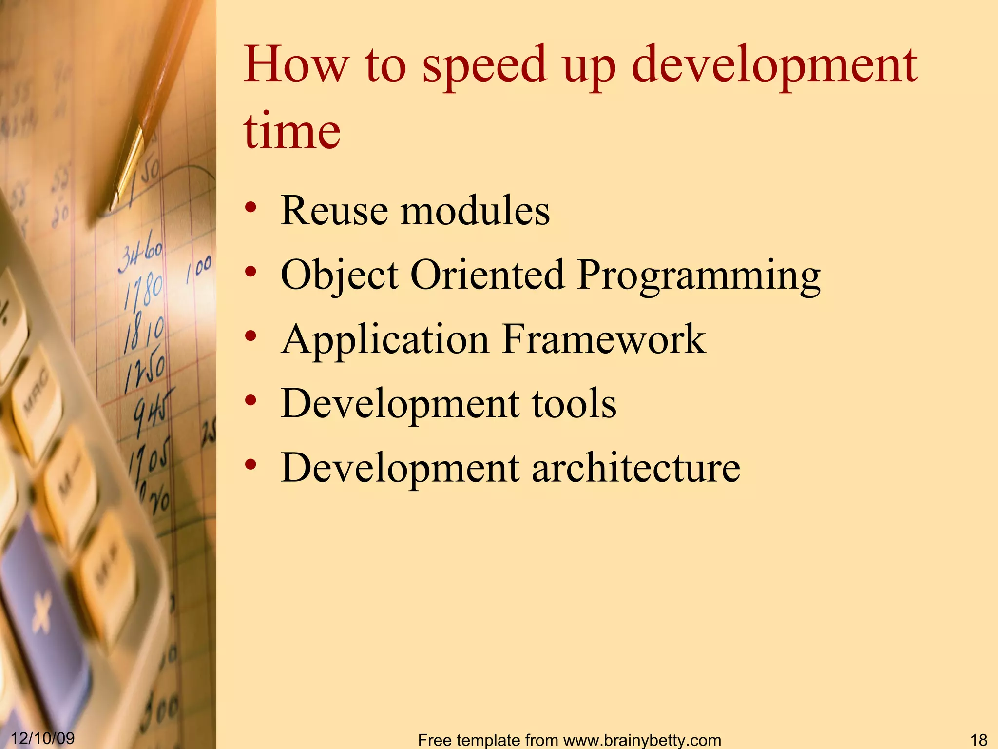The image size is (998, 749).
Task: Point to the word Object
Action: pos(340,276)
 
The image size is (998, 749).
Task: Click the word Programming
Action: pos(699,276)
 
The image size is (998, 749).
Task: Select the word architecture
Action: pos(635,468)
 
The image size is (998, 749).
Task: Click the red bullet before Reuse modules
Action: pos(250,208)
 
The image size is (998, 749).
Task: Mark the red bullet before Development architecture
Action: pos(250,465)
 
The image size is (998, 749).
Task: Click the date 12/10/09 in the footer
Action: pos(42,738)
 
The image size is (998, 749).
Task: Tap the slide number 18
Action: pos(979,739)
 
